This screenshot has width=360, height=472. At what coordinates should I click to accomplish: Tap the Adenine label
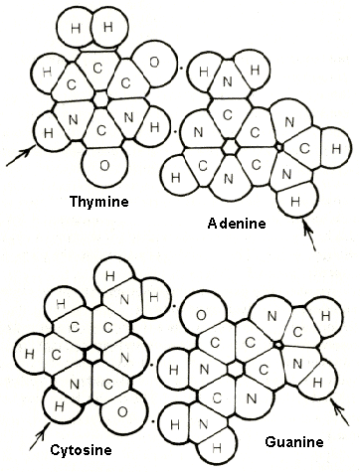tap(237, 225)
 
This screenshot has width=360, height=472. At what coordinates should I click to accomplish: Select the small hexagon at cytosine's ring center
tap(91, 353)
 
